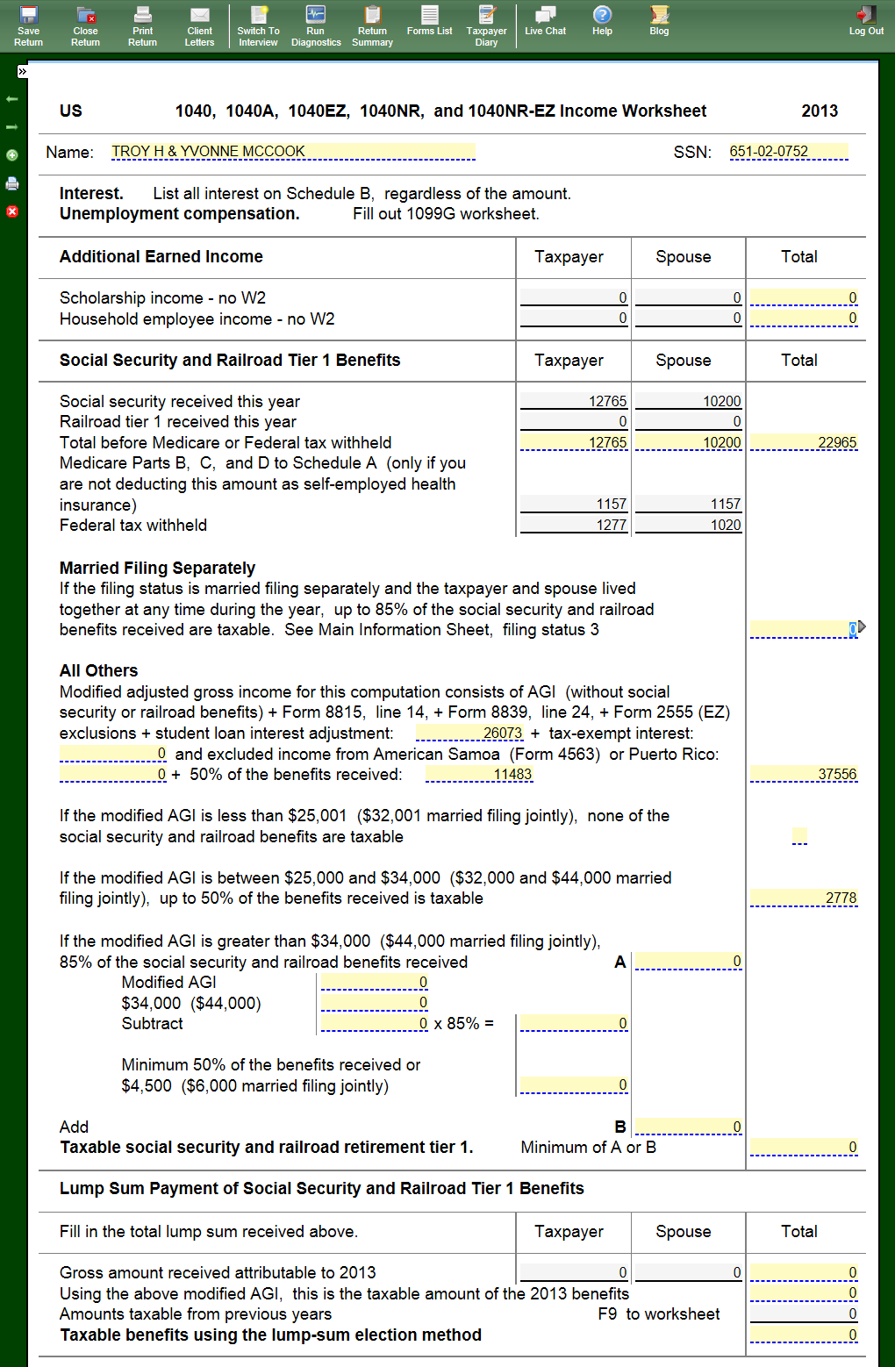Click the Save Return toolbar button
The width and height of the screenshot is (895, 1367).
[28, 25]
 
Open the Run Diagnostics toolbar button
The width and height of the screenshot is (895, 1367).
[316, 25]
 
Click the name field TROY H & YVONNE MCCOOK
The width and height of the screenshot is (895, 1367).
[292, 152]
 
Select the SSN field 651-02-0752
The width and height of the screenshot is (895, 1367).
[788, 152]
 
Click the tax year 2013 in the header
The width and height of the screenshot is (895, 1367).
[819, 111]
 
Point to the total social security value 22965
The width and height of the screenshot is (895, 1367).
[804, 442]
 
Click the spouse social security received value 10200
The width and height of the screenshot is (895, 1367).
[689, 401]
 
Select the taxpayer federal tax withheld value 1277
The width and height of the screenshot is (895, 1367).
[575, 525]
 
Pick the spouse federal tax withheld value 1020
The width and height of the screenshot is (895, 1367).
[689, 525]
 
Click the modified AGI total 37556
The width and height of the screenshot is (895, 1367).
[804, 774]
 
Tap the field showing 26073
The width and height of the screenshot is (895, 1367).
[470, 733]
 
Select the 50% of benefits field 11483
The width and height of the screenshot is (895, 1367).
[479, 774]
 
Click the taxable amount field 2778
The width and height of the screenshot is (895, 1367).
[804, 898]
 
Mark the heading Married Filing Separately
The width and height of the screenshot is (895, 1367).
[157, 568]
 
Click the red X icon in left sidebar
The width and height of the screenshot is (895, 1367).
[12, 211]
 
